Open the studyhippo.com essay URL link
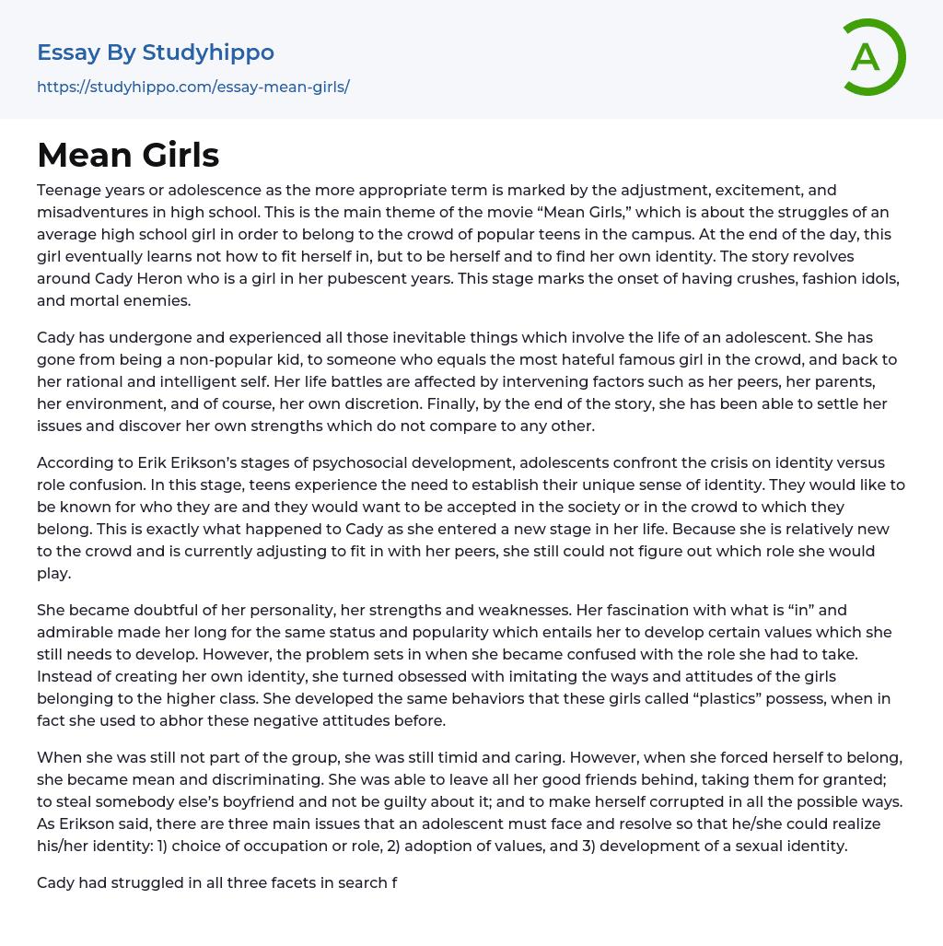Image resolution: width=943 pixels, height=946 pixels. click(x=192, y=88)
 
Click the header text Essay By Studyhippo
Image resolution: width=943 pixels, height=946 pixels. click(x=156, y=53)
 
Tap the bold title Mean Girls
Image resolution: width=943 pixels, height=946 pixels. click(x=128, y=155)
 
